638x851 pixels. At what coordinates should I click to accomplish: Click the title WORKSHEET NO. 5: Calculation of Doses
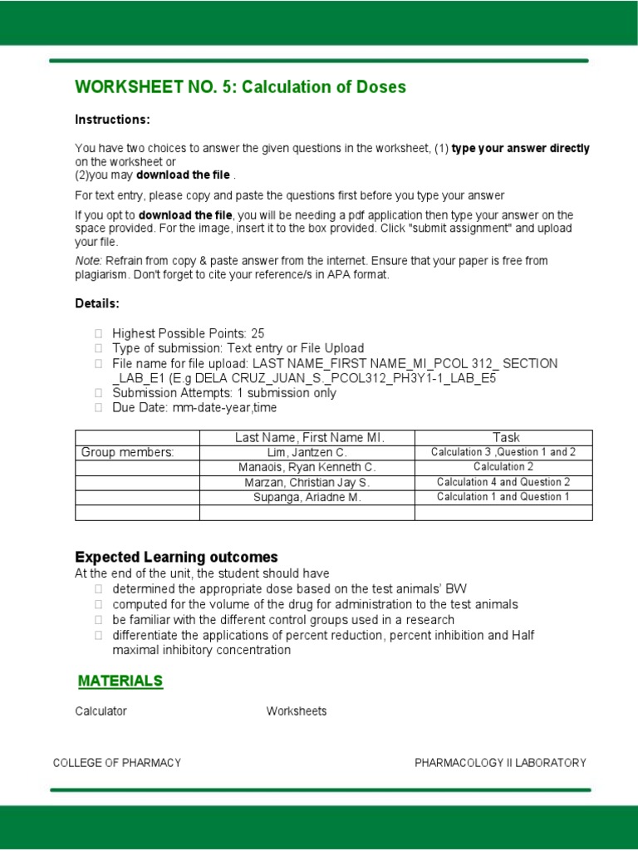coord(240,87)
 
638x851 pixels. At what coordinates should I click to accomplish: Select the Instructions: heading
coord(112,120)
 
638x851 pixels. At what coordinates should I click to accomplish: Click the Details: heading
coord(97,303)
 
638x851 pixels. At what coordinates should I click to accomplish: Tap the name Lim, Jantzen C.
coord(307,452)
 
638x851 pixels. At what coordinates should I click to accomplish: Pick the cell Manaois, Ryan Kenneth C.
coord(307,467)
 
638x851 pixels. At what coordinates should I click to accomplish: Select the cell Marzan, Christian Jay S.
coord(307,482)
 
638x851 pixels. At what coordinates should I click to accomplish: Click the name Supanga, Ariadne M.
coord(307,497)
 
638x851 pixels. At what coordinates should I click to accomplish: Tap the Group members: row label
coord(127,452)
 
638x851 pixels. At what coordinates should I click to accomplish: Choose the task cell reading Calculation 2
coord(503,467)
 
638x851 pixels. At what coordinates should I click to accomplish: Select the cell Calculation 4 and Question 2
coord(503,482)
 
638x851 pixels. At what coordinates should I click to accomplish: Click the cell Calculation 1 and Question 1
coord(503,497)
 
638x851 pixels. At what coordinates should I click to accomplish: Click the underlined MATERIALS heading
coord(120,681)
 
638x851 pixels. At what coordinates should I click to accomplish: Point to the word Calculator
coord(101,711)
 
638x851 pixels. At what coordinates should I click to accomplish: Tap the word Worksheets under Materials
coord(296,711)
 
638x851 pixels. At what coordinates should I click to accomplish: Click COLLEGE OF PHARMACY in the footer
coord(117,763)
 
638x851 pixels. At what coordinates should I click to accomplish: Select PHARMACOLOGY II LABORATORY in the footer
coord(500,763)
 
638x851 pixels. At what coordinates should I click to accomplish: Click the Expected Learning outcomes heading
coord(176,557)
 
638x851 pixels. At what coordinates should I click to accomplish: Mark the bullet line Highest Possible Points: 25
coord(188,333)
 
